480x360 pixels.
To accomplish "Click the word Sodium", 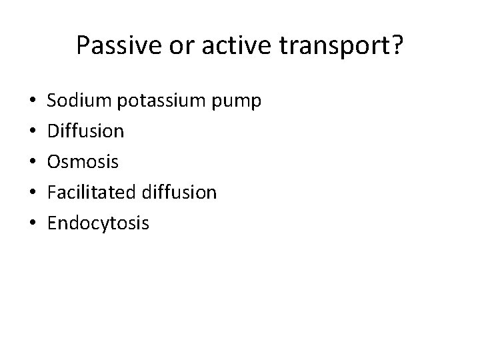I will [79, 101].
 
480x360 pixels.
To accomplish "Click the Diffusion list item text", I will [85, 131].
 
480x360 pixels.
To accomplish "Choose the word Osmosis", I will [83, 162].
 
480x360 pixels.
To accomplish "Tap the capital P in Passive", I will [83, 45].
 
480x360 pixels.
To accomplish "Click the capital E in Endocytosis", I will [52, 223].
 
